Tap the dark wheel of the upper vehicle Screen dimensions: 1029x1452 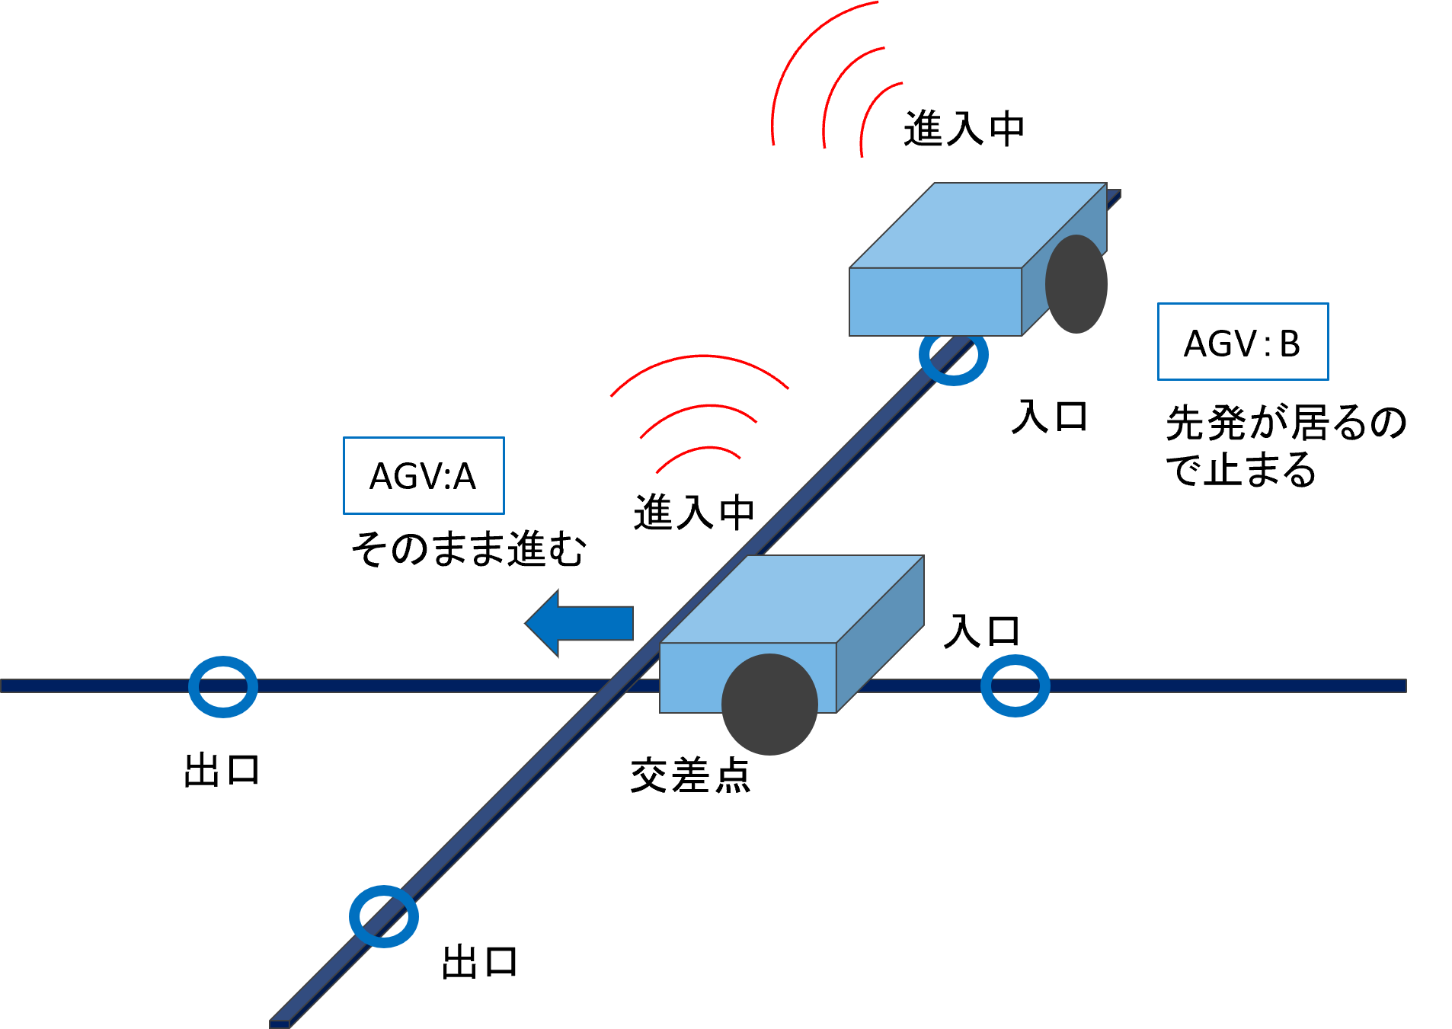[x=1076, y=284]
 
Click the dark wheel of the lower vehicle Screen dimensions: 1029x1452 [x=769, y=705]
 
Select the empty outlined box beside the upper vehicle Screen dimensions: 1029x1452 [x=1243, y=341]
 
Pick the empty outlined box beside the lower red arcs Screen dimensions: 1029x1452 [x=424, y=475]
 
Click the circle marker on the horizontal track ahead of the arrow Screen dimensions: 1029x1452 [x=223, y=686]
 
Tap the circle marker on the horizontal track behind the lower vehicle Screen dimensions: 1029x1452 [x=1015, y=685]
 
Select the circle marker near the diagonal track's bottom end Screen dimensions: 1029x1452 [x=384, y=916]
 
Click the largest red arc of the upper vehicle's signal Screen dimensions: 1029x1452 [x=792, y=61]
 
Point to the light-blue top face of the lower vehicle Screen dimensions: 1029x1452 [x=792, y=598]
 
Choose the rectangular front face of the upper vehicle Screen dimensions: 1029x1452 [x=935, y=302]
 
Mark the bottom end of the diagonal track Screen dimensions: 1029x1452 [x=280, y=1023]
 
